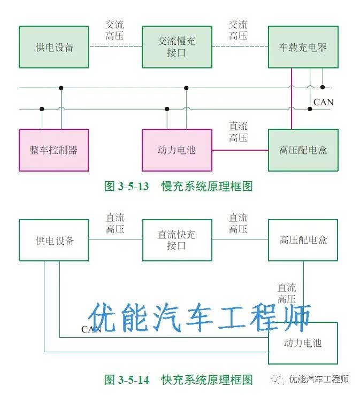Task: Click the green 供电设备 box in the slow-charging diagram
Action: (53, 47)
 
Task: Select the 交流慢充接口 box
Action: (177, 47)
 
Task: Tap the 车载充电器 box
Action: (303, 47)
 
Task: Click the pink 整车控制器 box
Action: (53, 150)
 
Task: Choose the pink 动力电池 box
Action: (177, 150)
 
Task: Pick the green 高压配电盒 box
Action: (303, 150)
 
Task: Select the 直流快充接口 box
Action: (177, 240)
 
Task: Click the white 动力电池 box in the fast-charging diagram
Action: (303, 343)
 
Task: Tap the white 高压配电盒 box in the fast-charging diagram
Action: (303, 240)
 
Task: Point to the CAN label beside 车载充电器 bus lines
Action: (324, 102)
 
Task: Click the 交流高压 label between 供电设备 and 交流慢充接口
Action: (114, 30)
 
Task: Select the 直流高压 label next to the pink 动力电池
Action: (238, 132)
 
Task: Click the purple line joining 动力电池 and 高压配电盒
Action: (240, 150)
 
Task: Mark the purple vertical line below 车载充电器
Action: (292, 98)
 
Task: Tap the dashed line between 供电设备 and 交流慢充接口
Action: (116, 47)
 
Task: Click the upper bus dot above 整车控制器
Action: (61, 88)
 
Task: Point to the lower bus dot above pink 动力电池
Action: (167, 109)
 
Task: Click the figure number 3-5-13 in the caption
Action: (134, 187)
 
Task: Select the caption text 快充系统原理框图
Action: (206, 380)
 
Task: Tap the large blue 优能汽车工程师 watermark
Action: (199, 317)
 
